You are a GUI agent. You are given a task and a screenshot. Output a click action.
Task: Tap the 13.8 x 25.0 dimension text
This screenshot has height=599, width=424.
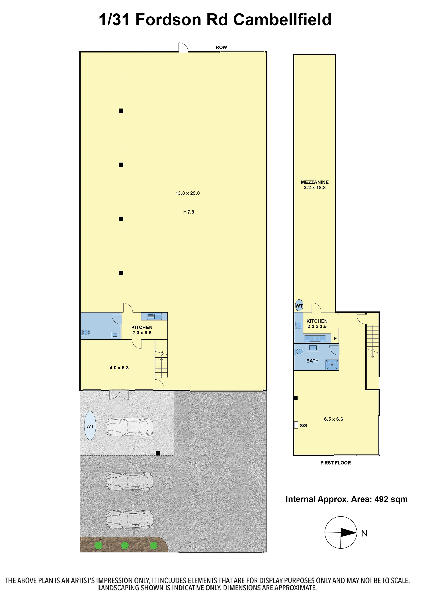pyautogui.click(x=187, y=193)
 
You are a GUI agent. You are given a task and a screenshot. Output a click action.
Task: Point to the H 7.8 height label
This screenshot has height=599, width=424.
pyautogui.click(x=189, y=212)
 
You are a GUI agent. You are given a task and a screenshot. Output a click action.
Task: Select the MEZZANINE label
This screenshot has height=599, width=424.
pyautogui.click(x=315, y=182)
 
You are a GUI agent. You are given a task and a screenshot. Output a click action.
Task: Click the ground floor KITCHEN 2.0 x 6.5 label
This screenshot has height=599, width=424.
pyautogui.click(x=142, y=330)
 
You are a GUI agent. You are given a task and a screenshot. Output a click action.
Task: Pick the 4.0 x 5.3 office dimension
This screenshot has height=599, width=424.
pyautogui.click(x=119, y=368)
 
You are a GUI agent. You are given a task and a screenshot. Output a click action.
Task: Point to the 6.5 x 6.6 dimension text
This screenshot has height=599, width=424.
pyautogui.click(x=333, y=419)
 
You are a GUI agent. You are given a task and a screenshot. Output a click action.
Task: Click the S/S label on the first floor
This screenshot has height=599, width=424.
pyautogui.click(x=303, y=426)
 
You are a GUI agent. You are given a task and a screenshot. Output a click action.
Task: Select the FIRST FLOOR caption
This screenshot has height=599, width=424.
pyautogui.click(x=336, y=463)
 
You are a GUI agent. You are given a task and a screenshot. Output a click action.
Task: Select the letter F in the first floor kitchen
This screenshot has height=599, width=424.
pyautogui.click(x=336, y=338)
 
